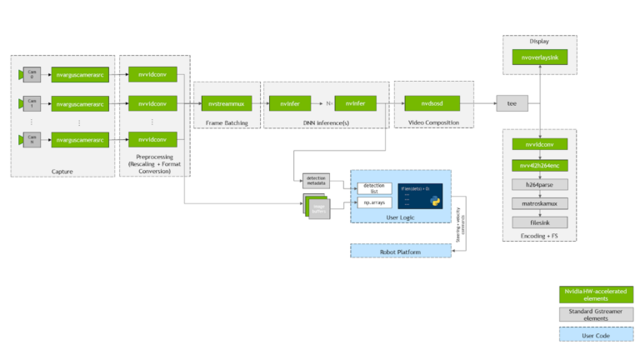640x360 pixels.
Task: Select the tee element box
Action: [512, 104]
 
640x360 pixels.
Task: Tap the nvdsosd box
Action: [426, 104]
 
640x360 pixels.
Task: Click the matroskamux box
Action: [540, 202]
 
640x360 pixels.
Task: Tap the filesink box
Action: [540, 221]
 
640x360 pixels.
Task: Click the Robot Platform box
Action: [401, 250]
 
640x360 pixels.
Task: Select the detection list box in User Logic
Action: [373, 188]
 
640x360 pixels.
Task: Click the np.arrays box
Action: [373, 202]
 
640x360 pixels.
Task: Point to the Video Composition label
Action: [432, 123]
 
